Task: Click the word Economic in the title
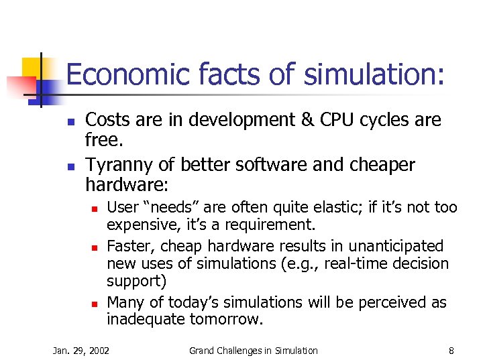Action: point(113,75)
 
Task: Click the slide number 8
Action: point(451,350)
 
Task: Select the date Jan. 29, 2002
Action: point(81,350)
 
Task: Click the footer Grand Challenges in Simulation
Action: point(254,350)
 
